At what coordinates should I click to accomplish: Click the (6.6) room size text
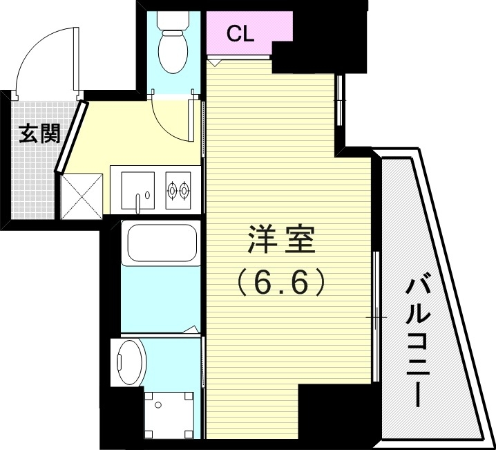point(280,282)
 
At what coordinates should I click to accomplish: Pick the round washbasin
point(130,362)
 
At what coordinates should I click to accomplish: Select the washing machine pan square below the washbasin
point(168,413)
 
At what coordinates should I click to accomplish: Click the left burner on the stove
point(172,186)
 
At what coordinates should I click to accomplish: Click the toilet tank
point(171,21)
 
